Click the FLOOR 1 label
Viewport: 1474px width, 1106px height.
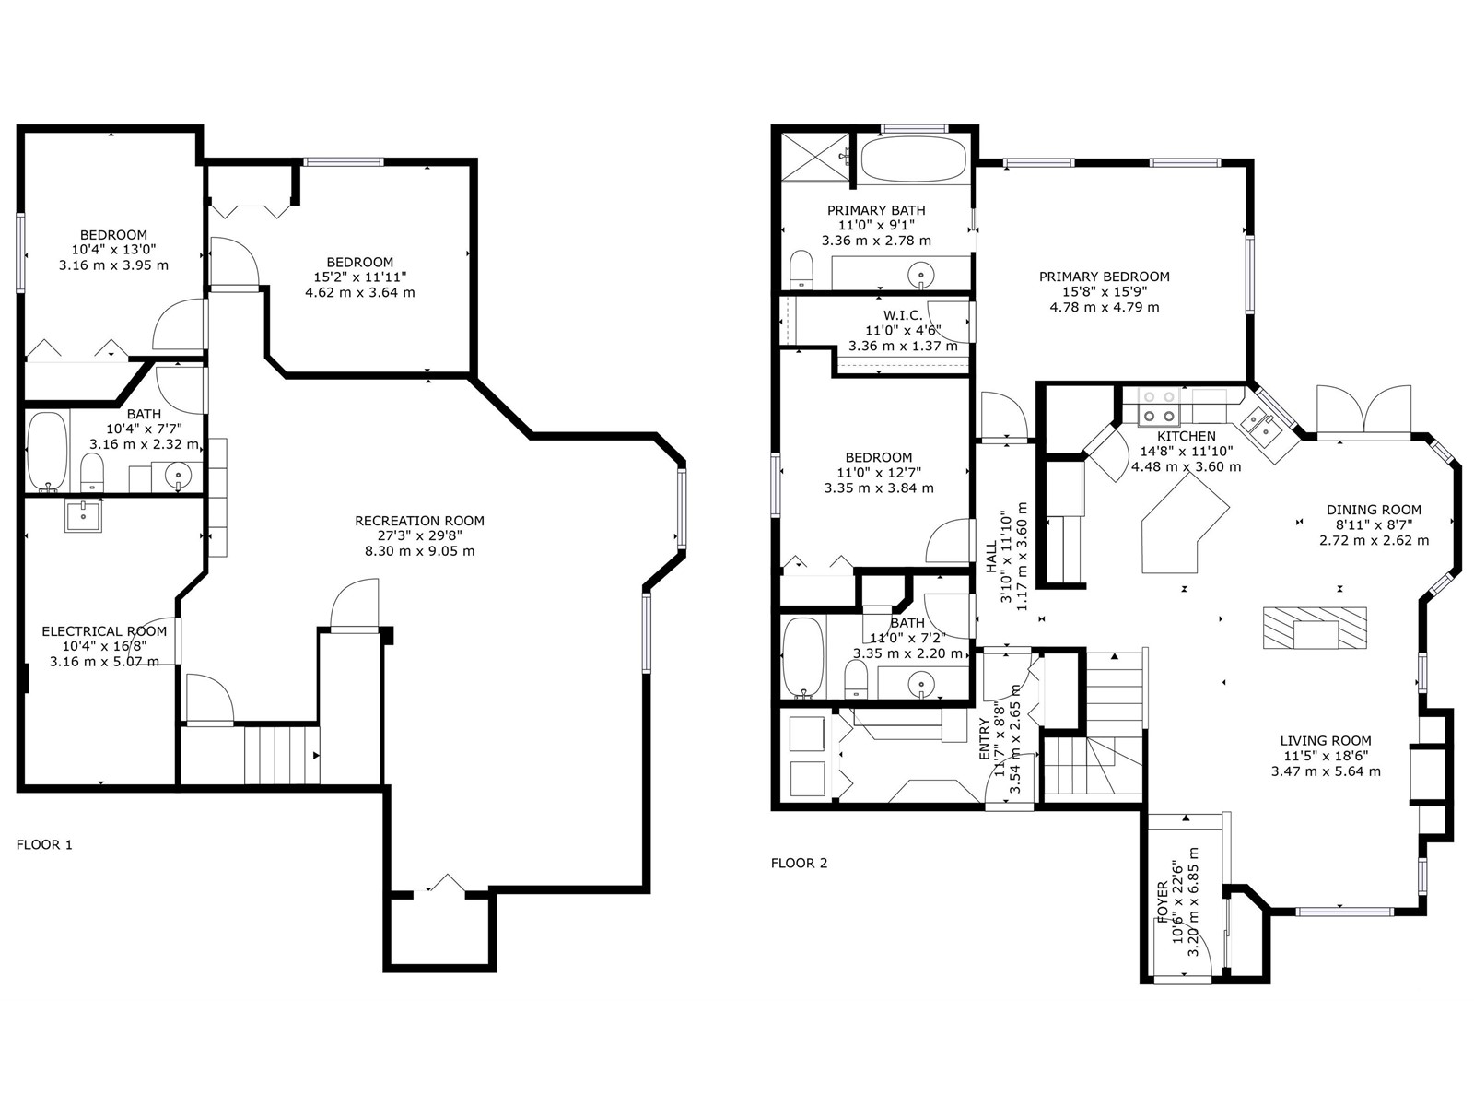coord(44,845)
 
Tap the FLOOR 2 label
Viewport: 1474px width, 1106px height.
coord(799,863)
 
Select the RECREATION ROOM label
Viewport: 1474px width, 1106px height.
coord(420,521)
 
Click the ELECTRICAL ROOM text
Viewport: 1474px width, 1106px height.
coord(104,631)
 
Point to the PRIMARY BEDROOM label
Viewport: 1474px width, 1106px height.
coord(1105,276)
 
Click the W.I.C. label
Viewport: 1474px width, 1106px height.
coord(903,315)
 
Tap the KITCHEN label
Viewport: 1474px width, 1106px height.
coord(1187,436)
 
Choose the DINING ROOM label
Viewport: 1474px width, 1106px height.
coord(1374,510)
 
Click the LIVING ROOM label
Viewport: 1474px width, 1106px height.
coord(1326,741)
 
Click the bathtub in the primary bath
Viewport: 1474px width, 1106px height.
coord(913,159)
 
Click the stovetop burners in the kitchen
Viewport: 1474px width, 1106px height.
coord(1160,406)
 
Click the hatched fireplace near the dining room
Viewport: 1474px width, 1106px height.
coord(1315,628)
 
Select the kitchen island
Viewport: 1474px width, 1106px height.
coord(1185,524)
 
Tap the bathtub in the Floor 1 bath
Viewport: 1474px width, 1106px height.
coord(47,452)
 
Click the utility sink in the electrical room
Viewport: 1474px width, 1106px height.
coord(83,515)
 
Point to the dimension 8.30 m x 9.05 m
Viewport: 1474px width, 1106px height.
coord(420,551)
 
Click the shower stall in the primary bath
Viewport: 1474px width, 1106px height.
coord(814,157)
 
